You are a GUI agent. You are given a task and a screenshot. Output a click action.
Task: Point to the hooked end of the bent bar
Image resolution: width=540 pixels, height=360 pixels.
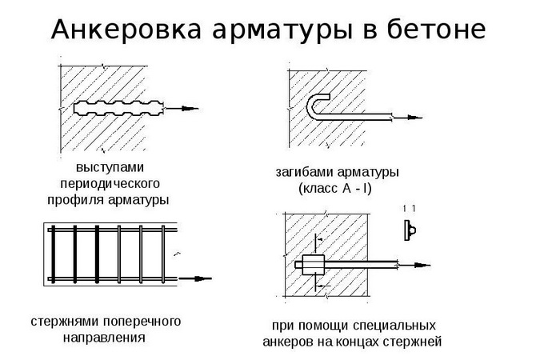click(315, 103)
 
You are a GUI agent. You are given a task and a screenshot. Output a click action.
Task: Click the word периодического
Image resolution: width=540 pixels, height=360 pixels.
click(106, 184)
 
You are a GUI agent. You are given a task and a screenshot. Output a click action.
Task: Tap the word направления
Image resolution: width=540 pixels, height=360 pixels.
click(104, 337)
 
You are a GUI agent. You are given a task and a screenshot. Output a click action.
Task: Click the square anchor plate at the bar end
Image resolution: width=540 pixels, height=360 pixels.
click(311, 263)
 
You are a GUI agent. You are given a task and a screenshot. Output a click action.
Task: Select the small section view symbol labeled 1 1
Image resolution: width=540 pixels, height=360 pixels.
click(409, 228)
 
